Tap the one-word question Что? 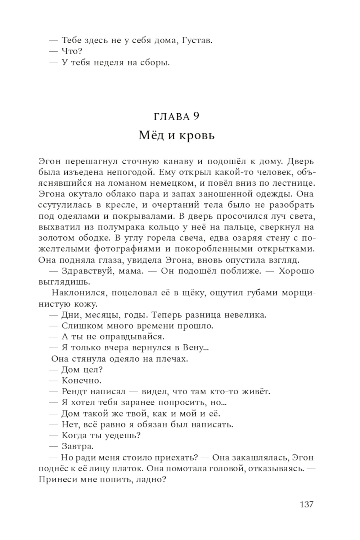click(x=72, y=52)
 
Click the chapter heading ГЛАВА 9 click(x=176, y=117)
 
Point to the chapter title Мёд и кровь click(x=176, y=136)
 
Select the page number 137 click(x=306, y=504)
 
